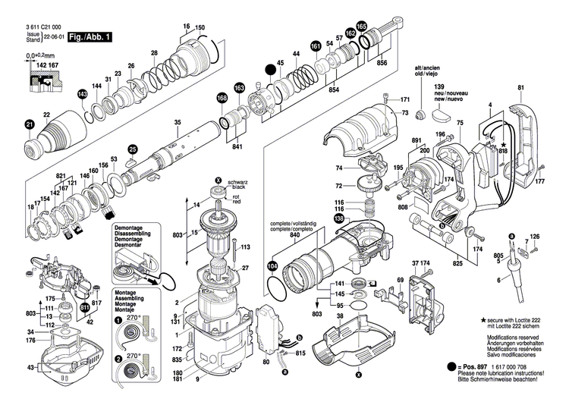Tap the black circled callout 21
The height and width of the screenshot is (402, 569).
[30, 124]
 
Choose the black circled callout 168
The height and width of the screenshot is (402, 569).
[222, 98]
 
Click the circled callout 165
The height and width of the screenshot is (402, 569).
[361, 27]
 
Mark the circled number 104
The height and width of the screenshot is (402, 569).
[272, 266]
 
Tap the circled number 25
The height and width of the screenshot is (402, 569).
[133, 149]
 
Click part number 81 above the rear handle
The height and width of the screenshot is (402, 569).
[520, 87]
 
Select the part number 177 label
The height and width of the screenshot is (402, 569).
[539, 183]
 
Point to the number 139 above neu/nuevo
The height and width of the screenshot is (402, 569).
[438, 89]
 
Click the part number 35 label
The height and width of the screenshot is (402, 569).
[177, 123]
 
